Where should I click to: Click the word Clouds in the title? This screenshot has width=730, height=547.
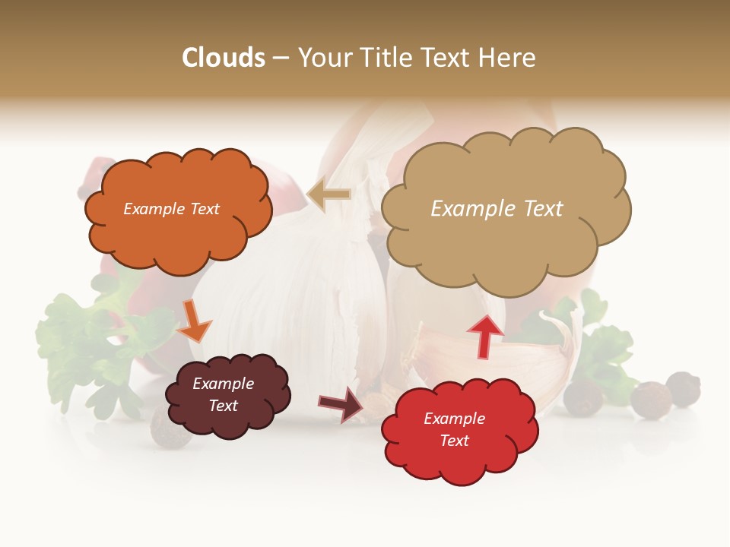click(x=224, y=58)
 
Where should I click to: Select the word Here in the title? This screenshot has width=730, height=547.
click(x=508, y=58)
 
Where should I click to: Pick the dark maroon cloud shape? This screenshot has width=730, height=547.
click(x=227, y=397)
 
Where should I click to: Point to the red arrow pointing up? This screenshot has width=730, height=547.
click(x=485, y=336)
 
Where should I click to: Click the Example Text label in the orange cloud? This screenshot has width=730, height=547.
click(x=171, y=209)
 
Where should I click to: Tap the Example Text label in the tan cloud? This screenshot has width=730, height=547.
click(x=497, y=209)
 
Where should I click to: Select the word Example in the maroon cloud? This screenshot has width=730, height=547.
click(x=223, y=384)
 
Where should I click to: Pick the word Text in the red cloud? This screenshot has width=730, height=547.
click(x=454, y=441)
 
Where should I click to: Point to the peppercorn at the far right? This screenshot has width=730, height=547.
click(x=683, y=388)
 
